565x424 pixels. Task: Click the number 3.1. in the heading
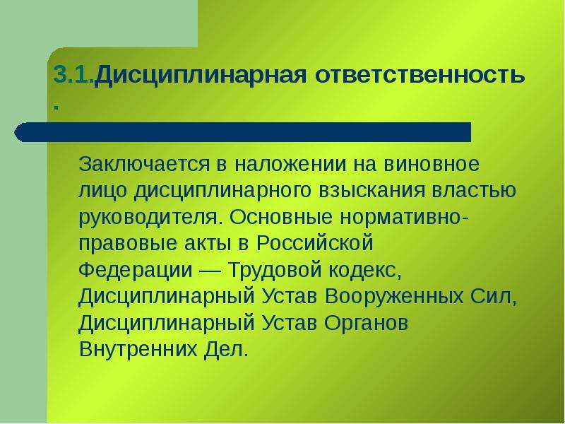[74, 75]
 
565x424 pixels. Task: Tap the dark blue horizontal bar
[242, 132]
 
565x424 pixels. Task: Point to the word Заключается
[144, 165]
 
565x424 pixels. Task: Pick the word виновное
[432, 165]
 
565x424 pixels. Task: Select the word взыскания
[372, 191]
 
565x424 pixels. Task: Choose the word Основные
[281, 218]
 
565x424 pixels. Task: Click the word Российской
[314, 243]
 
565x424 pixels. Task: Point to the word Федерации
[136, 271]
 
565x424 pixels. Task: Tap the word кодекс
[364, 271]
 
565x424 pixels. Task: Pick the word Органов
[366, 324]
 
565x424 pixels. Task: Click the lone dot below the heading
[56, 107]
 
